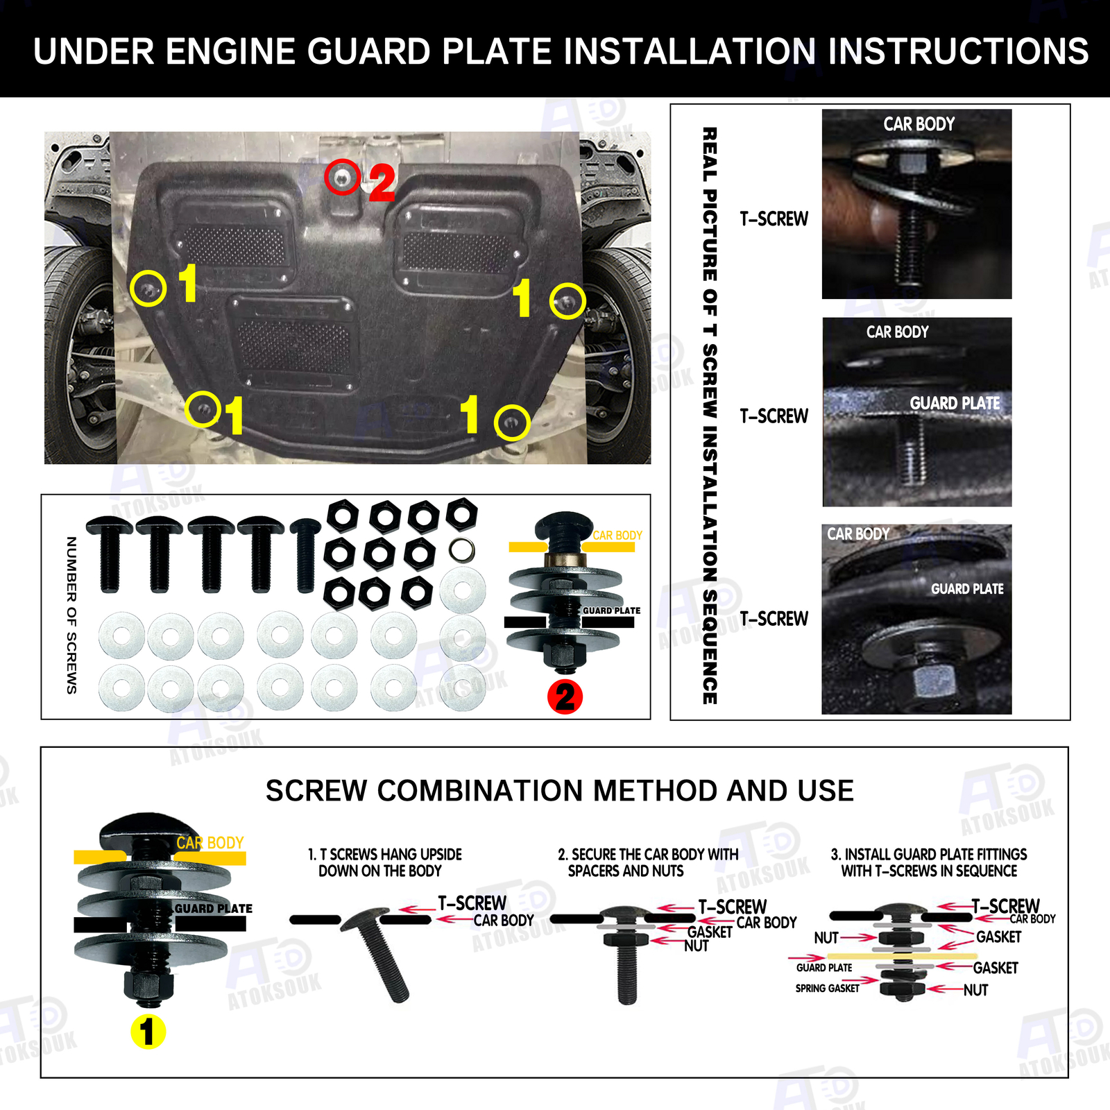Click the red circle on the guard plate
coord(342,177)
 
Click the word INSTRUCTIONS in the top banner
coord(958,51)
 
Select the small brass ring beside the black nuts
coord(462,550)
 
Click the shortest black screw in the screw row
coord(305,555)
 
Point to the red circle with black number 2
coord(565,697)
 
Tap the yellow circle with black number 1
coord(148,1032)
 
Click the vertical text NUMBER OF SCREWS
coord(71,615)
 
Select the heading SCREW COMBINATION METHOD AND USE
coord(559,791)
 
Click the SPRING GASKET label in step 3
coord(827,988)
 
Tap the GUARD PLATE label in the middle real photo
coord(955,403)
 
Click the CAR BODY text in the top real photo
coord(919,124)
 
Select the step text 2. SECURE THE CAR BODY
coord(648,862)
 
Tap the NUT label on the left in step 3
coord(826,938)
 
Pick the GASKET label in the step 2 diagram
coord(710,932)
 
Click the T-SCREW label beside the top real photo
coord(774,219)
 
